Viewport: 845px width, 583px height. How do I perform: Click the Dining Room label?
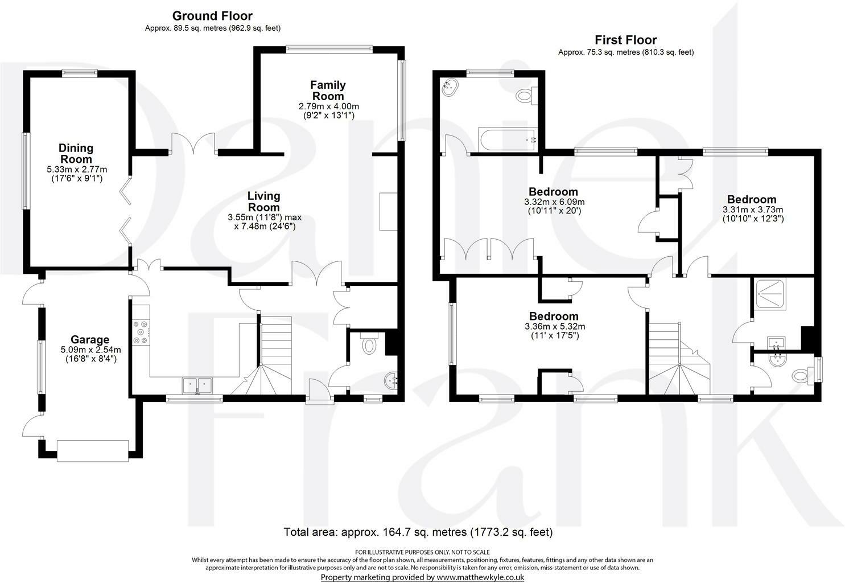coord(76,154)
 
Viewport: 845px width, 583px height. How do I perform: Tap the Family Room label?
coord(328,91)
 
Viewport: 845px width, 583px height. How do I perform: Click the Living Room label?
coord(263,202)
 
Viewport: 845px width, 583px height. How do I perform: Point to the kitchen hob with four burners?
coord(141,333)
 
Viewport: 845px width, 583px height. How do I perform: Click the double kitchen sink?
coord(197,385)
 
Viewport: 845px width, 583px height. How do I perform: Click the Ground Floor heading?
coord(212,16)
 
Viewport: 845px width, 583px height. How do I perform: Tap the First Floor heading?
coord(625,40)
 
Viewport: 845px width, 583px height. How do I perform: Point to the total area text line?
coord(418,532)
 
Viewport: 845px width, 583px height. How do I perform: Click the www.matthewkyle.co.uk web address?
coord(479,577)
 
